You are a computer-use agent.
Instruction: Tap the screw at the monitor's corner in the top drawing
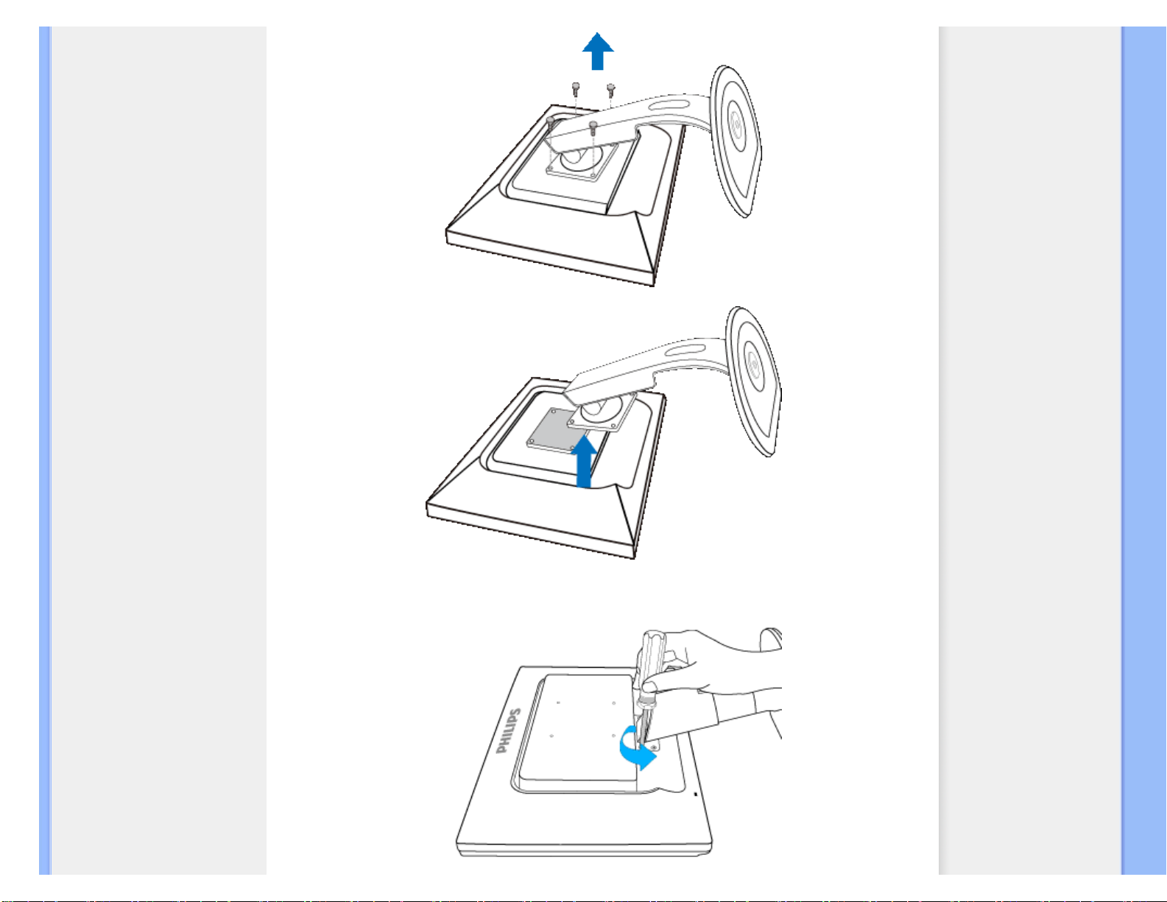[x=551, y=122]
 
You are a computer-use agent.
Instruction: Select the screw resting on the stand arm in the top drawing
[x=593, y=127]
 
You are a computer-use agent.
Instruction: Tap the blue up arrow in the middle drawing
[x=584, y=461]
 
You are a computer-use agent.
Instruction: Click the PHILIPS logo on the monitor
[x=508, y=730]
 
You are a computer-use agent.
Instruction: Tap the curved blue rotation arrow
[x=637, y=748]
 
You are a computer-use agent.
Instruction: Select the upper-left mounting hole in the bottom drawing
[x=559, y=702]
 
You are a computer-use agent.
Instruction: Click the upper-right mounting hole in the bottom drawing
[x=613, y=702]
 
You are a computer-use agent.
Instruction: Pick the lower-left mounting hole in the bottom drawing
[x=551, y=736]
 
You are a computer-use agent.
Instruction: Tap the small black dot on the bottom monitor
[x=696, y=794]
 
